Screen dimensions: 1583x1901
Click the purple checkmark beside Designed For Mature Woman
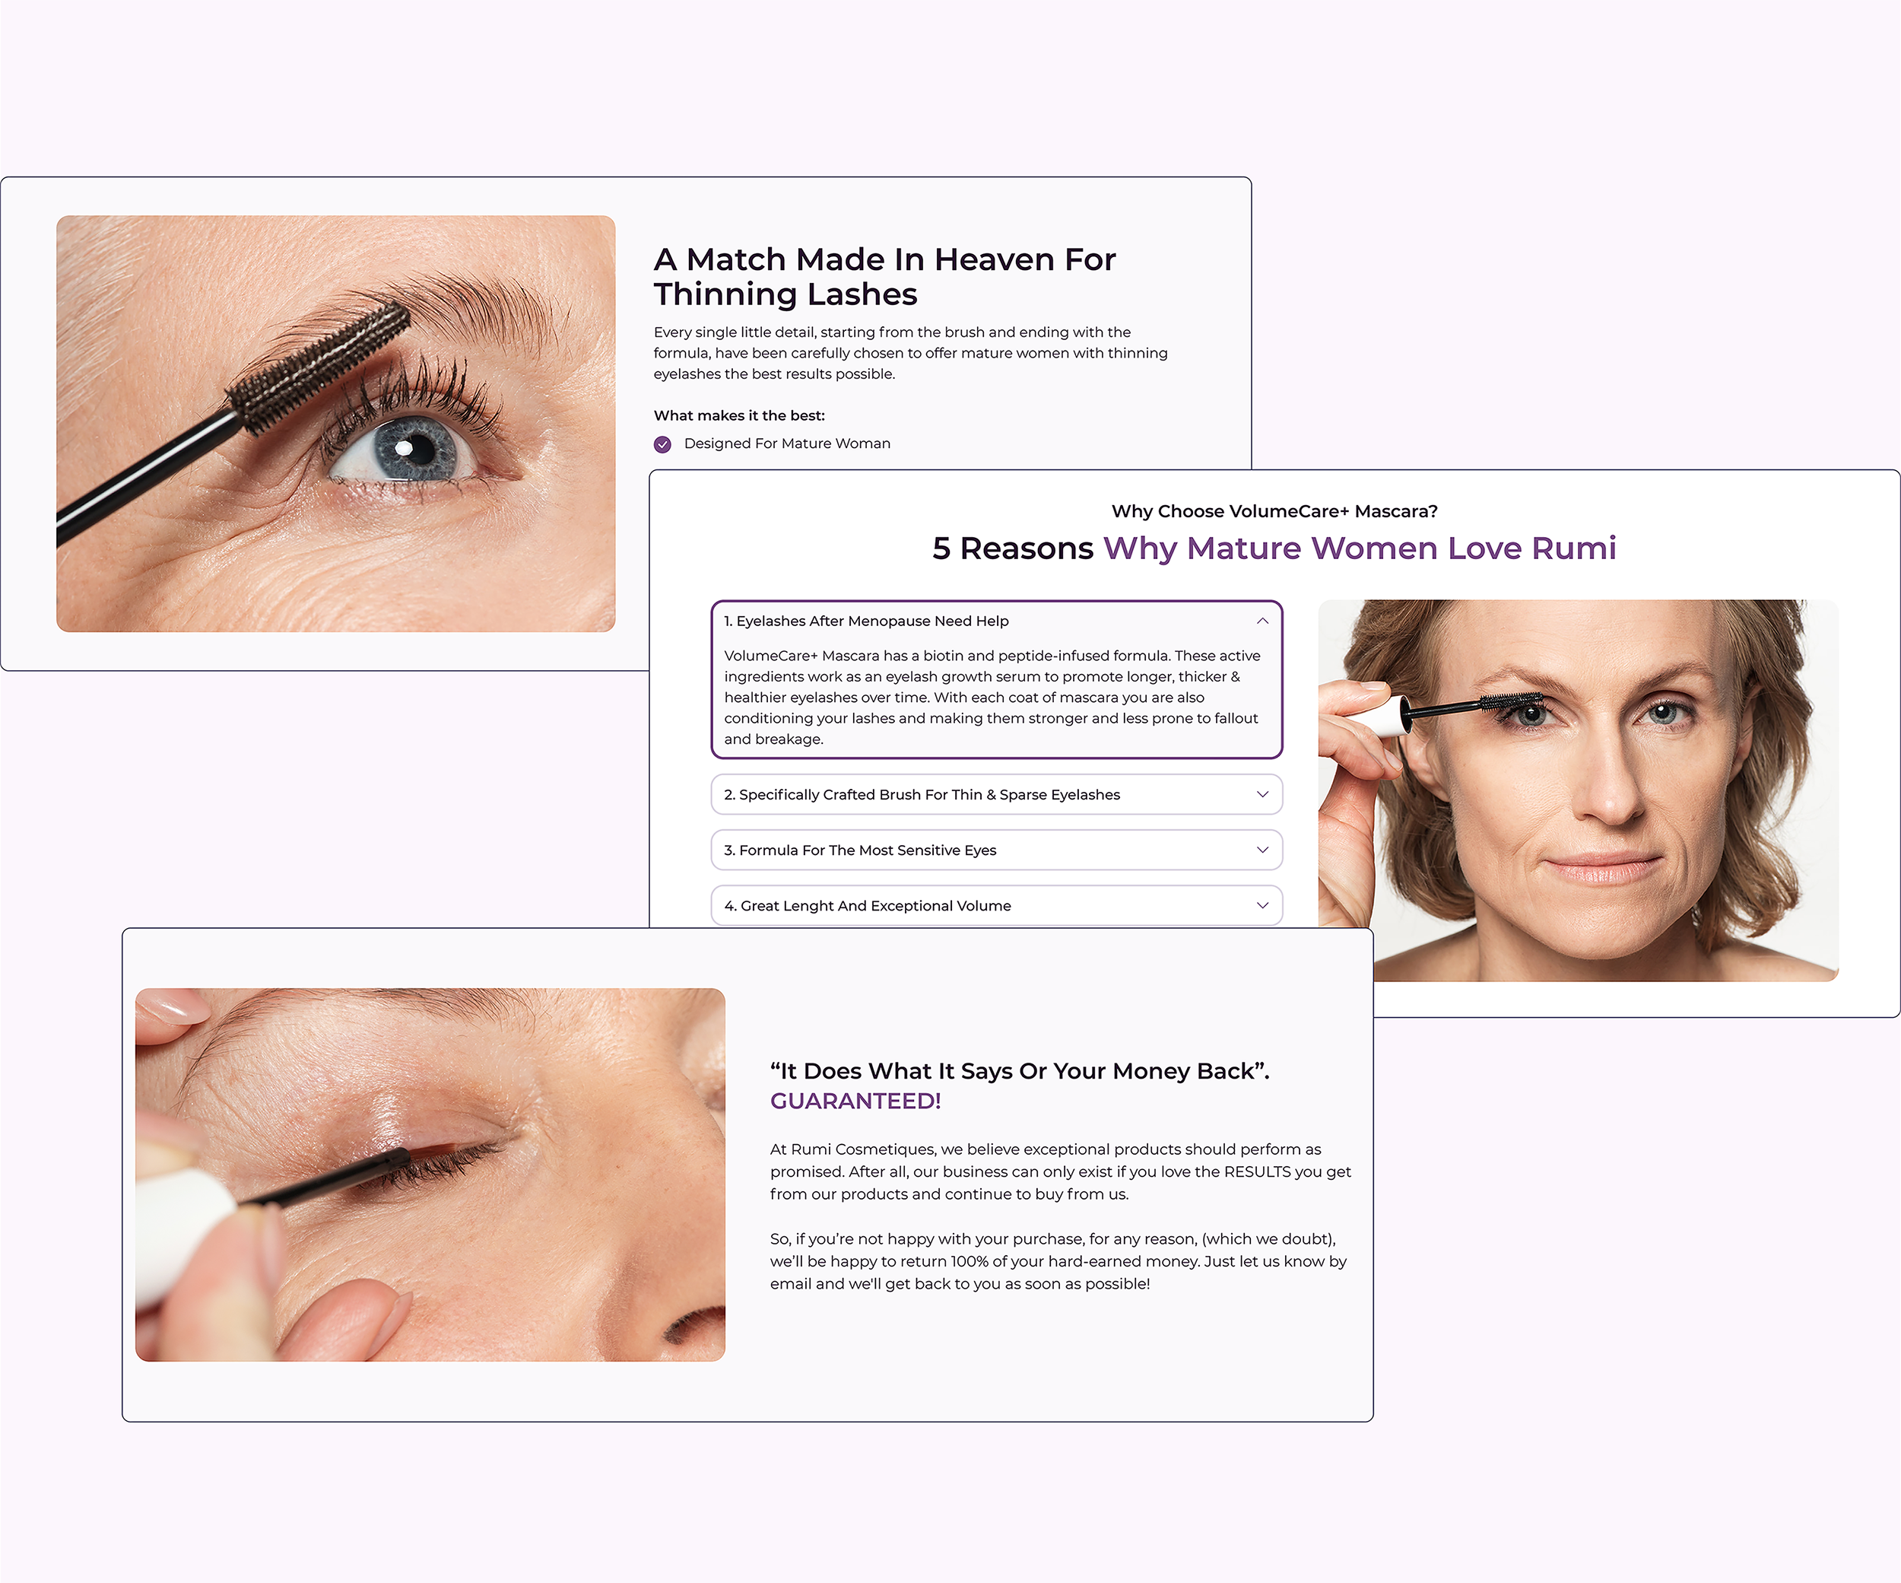coord(662,443)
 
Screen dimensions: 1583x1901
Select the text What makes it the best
coord(738,415)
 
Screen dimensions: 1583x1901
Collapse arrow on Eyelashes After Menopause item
coord(1262,621)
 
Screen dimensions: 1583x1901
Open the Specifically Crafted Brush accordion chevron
coord(1262,794)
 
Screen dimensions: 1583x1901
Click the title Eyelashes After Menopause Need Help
coord(866,621)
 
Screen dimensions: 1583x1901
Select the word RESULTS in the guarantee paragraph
coord(1256,1172)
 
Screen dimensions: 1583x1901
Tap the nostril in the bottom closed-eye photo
coord(693,1327)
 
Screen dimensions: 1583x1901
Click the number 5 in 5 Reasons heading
coord(941,548)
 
